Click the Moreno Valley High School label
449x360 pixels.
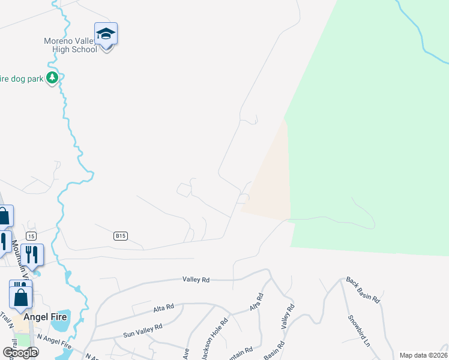point(70,45)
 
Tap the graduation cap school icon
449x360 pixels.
point(106,35)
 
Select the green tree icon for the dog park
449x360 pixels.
point(53,77)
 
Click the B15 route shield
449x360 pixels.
point(121,236)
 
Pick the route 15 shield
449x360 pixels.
point(31,235)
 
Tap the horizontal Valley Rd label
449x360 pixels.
point(196,280)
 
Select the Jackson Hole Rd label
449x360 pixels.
point(215,338)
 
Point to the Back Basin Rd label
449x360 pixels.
point(363,289)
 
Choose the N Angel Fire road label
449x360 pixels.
point(54,342)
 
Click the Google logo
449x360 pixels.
point(20,353)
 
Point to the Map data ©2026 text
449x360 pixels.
point(423,355)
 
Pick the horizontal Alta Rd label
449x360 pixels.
point(163,307)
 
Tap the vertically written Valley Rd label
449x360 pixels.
point(288,316)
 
